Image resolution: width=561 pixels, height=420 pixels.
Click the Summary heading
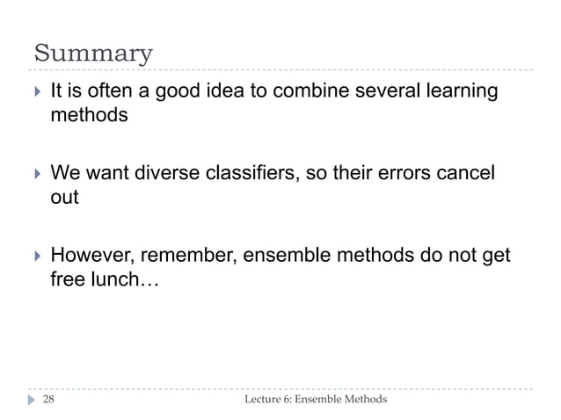[93, 54]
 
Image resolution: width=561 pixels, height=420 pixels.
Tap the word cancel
[467, 172]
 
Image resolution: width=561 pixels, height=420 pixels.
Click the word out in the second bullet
[64, 197]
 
